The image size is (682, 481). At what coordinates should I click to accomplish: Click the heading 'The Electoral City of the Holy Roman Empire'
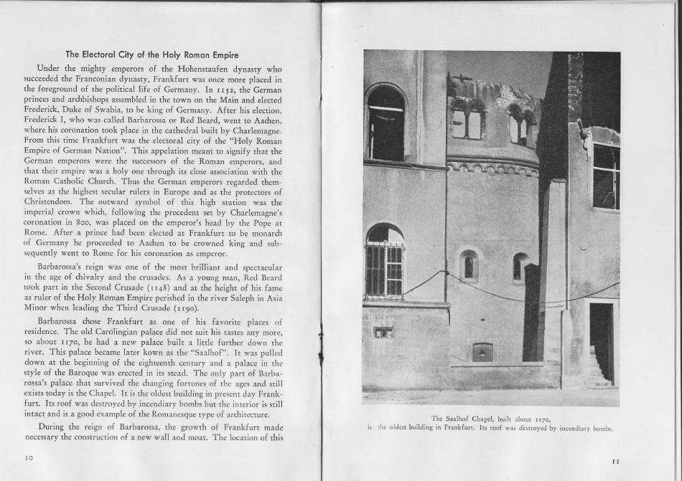click(x=152, y=54)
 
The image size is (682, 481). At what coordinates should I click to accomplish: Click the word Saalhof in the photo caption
click(x=460, y=418)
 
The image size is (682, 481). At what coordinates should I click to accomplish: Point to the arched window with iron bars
click(x=384, y=263)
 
